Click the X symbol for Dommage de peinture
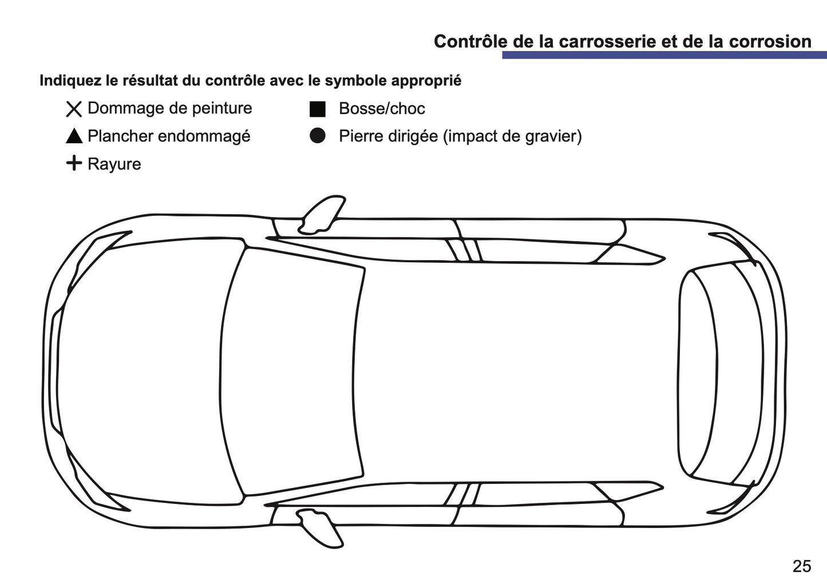pyautogui.click(x=74, y=109)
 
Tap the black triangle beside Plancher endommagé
pyautogui.click(x=74, y=136)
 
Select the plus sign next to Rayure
pyautogui.click(x=74, y=163)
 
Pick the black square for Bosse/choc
pyautogui.click(x=318, y=109)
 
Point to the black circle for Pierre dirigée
pyautogui.click(x=318, y=136)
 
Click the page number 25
pyautogui.click(x=801, y=566)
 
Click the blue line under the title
pyautogui.click(x=664, y=55)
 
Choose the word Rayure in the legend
pyautogui.click(x=114, y=164)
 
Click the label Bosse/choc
pyautogui.click(x=382, y=109)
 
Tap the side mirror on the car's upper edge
pyautogui.click(x=322, y=215)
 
